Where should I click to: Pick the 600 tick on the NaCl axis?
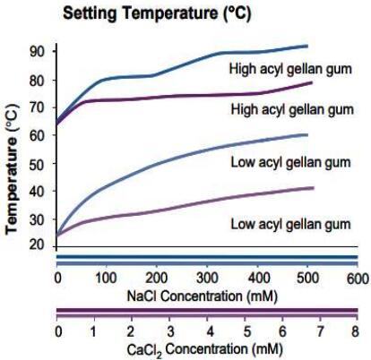pos(357,278)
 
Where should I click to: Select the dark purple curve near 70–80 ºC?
pos(179,96)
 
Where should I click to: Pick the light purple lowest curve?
pos(179,208)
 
